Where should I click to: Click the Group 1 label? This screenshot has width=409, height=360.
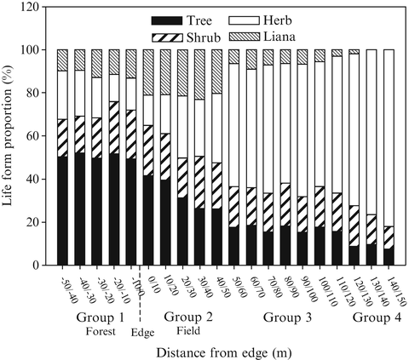(x=96, y=317)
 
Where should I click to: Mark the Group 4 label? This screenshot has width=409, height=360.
(x=373, y=317)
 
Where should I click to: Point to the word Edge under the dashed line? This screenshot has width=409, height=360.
(x=141, y=333)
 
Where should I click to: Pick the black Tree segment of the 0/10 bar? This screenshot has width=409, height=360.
(x=148, y=220)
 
